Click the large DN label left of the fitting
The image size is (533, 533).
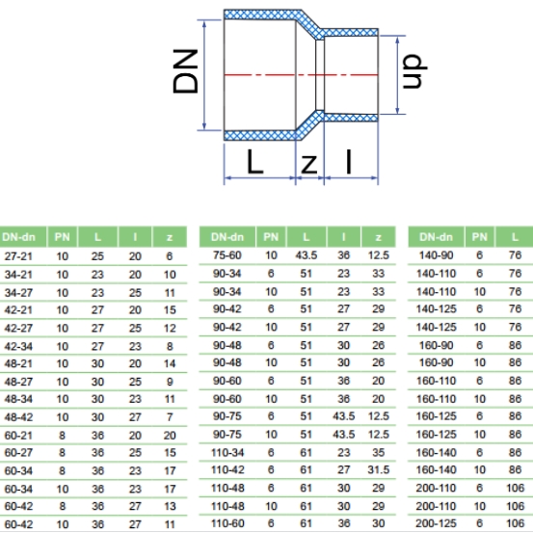(185, 71)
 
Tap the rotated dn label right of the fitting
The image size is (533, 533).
(414, 70)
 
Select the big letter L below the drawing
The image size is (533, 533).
(254, 162)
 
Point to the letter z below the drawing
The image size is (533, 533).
(309, 164)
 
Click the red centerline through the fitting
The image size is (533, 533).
(301, 75)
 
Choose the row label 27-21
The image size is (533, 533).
(18, 256)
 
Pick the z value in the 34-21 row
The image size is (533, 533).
(170, 275)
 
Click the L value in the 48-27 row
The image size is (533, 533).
(97, 382)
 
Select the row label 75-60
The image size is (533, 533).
(227, 255)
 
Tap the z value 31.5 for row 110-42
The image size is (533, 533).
(379, 469)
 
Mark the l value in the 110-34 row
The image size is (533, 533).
(343, 452)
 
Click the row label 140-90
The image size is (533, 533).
(436, 255)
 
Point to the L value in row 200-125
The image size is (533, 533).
(515, 523)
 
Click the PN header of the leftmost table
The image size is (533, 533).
(63, 237)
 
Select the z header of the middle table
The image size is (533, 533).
(379, 237)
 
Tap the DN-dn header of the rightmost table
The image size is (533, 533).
(436, 237)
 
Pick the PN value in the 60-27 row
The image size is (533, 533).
(63, 452)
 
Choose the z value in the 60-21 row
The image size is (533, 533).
(170, 435)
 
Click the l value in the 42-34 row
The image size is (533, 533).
(135, 346)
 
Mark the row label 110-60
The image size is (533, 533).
(227, 523)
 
